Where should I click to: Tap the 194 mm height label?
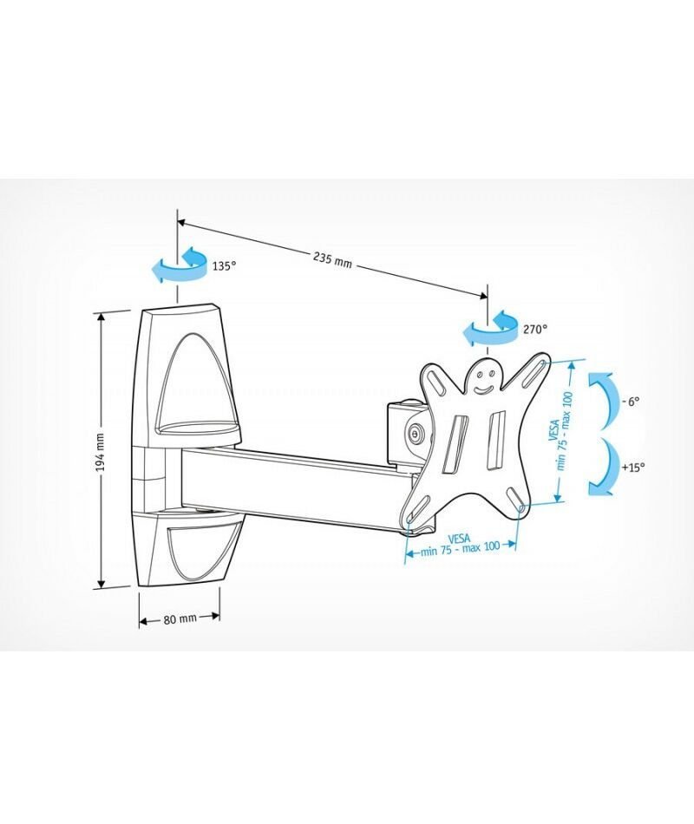101,452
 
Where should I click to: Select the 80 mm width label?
180,619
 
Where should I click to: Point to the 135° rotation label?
225,266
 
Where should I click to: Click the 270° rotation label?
535,330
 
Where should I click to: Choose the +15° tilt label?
632,467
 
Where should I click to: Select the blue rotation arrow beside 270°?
490,329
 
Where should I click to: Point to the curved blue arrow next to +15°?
603,467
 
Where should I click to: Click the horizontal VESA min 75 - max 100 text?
460,545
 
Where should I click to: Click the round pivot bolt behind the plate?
416,434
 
